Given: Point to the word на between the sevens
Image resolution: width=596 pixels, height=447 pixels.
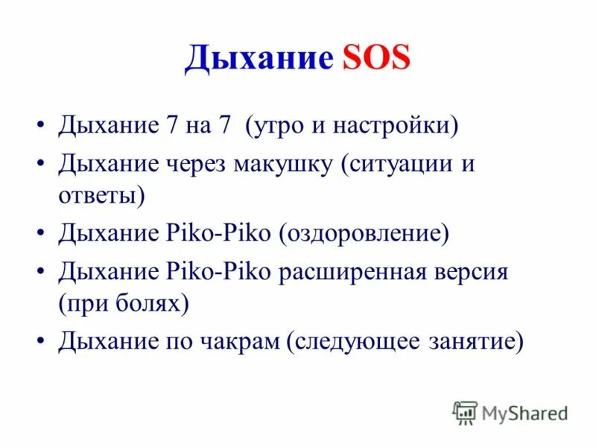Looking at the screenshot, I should point(201,124).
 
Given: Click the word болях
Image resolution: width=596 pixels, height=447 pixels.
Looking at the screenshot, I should point(153,304).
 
